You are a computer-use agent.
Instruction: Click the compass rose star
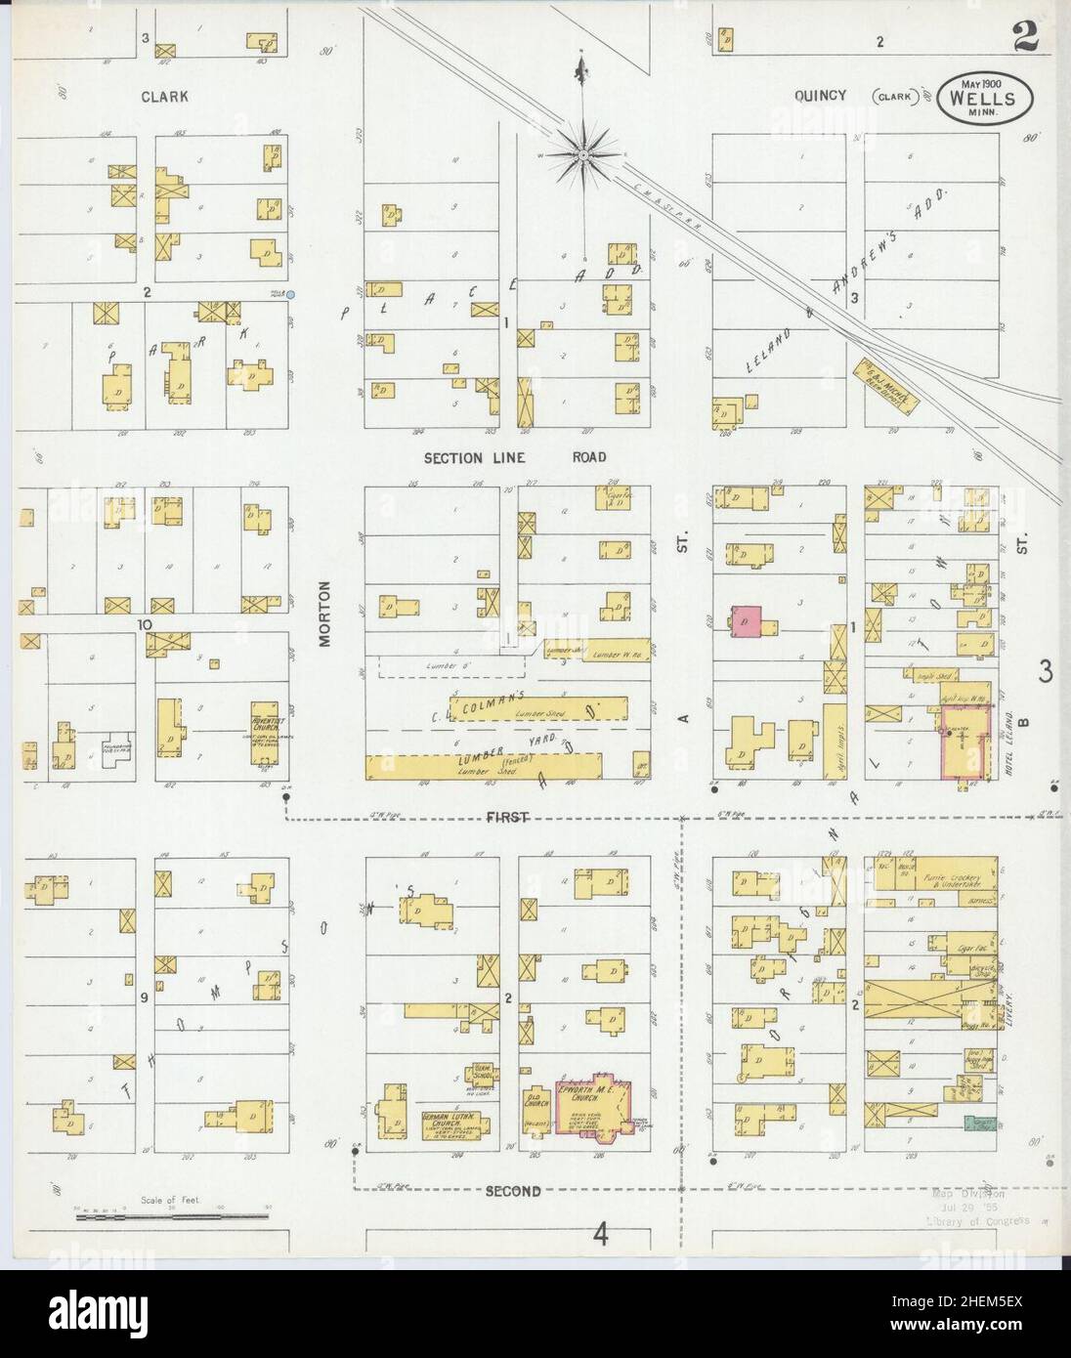[582, 154]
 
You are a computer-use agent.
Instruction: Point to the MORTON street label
[325, 615]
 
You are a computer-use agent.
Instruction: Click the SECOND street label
[513, 1191]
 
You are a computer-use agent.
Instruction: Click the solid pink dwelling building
[747, 619]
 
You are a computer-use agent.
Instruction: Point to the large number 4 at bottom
[600, 1236]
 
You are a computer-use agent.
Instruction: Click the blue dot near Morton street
[290, 294]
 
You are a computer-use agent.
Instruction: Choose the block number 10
[145, 623]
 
